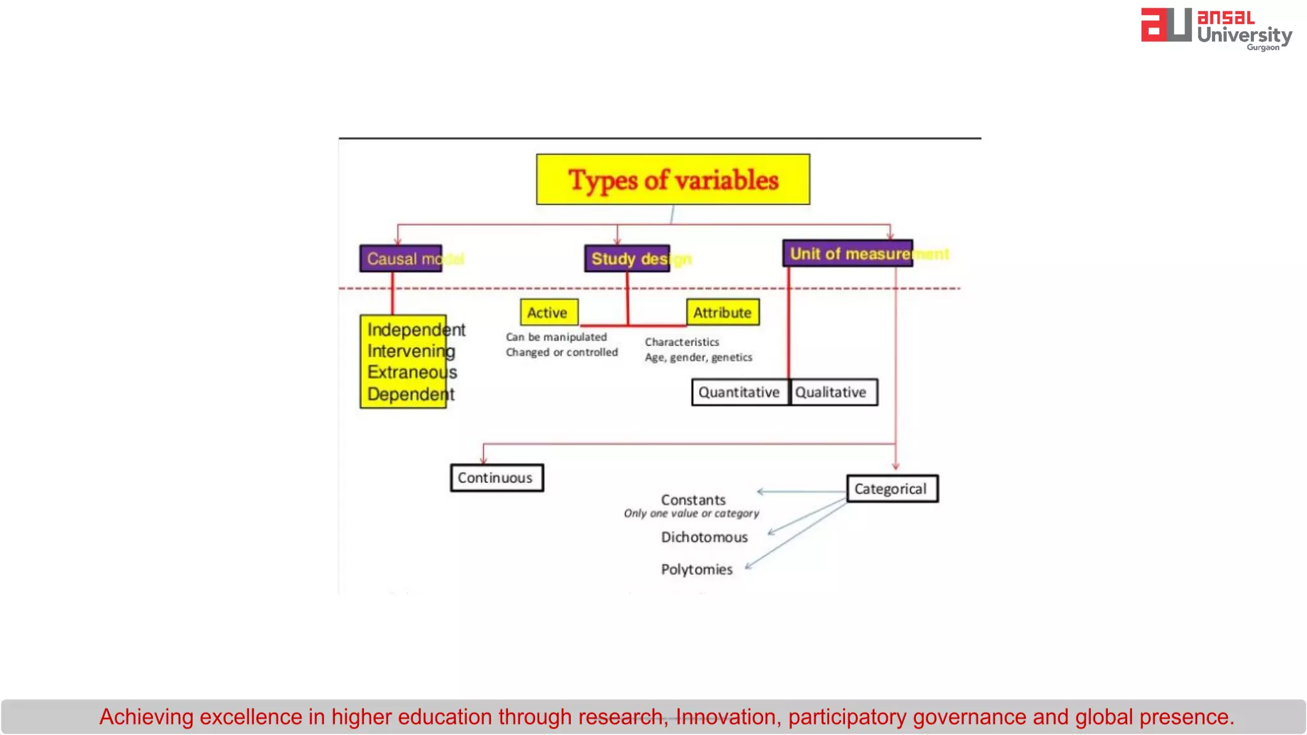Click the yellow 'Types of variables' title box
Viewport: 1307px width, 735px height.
click(673, 179)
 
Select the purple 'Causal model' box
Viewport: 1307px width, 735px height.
click(401, 258)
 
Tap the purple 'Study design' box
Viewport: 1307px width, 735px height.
click(627, 258)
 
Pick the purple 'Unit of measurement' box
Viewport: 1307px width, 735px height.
click(848, 253)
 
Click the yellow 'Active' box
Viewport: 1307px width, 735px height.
click(548, 313)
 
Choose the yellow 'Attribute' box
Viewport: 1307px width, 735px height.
click(722, 313)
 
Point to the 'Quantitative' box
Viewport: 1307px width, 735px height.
click(739, 392)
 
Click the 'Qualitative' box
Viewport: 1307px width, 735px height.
click(832, 392)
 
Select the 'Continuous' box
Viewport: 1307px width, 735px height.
click(496, 478)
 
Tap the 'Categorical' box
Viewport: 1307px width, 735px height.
click(892, 489)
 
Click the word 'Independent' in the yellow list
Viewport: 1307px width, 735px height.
click(415, 330)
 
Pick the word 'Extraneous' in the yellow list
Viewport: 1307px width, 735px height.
click(412, 372)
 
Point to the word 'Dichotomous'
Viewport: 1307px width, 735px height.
click(704, 537)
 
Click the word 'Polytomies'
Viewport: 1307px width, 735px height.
click(696, 569)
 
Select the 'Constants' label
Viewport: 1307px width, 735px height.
click(693, 500)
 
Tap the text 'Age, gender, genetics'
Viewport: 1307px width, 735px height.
click(698, 357)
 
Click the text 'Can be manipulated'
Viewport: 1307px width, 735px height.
click(556, 337)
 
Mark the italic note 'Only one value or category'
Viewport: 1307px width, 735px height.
click(691, 514)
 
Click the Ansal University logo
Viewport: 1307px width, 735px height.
click(1216, 29)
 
